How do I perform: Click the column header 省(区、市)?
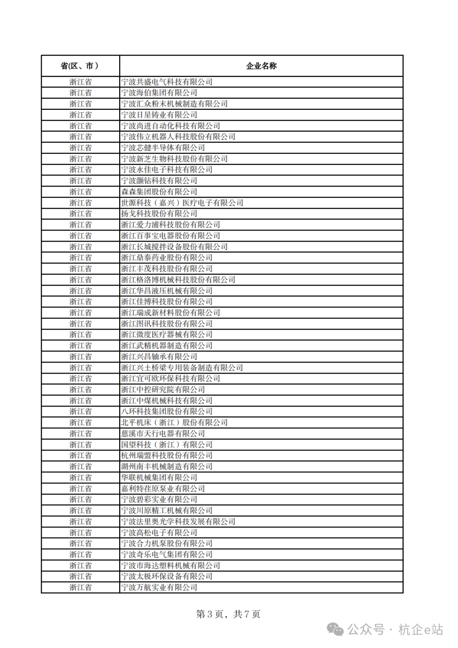(80, 66)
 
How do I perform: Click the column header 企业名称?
(261, 66)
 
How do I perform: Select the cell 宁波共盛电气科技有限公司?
(167, 82)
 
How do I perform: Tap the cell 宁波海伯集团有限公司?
(159, 93)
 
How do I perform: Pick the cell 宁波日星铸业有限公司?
(159, 115)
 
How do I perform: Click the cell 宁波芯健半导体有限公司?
(163, 148)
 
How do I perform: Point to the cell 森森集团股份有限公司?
(159, 192)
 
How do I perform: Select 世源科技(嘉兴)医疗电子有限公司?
(182, 203)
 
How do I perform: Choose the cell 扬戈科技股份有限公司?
(159, 214)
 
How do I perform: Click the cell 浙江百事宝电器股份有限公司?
(170, 236)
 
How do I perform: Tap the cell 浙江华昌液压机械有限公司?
(167, 291)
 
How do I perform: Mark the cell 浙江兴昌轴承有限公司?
(159, 357)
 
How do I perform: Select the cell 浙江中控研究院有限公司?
(163, 390)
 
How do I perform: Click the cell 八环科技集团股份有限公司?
(167, 411)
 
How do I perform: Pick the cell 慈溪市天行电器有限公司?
(163, 433)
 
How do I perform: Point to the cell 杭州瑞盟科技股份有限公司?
(167, 455)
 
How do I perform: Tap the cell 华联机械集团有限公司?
(159, 478)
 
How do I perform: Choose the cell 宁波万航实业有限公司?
(159, 587)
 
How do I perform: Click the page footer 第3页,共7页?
(228, 614)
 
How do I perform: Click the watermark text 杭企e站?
(420, 630)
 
